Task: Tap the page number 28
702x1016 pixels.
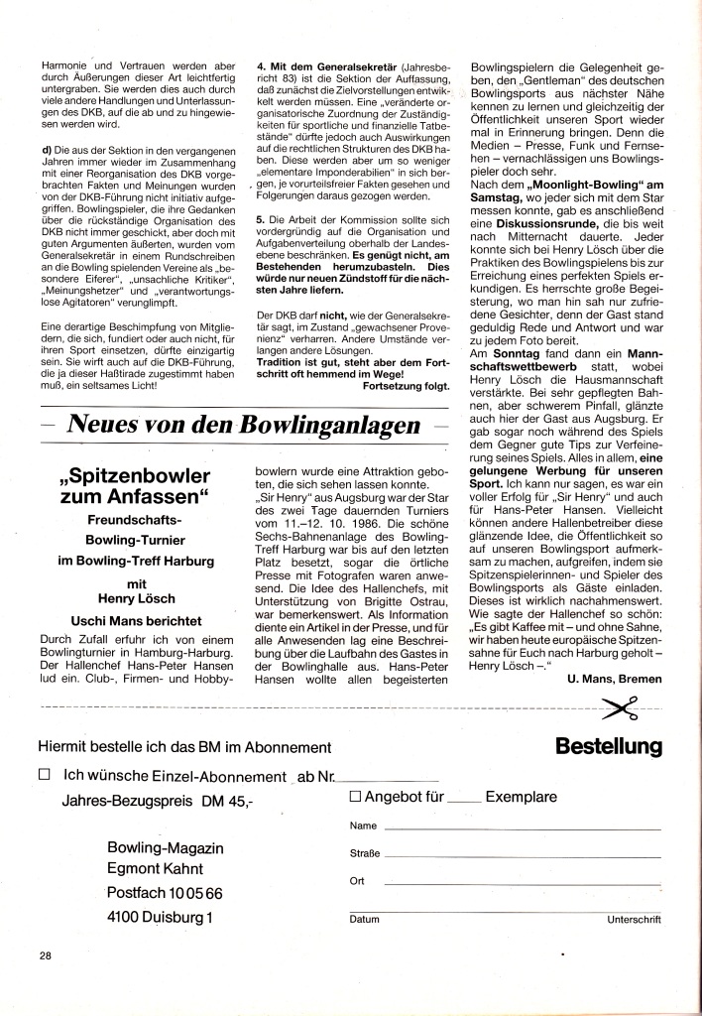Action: (x=46, y=955)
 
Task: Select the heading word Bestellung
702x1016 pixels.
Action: (x=609, y=745)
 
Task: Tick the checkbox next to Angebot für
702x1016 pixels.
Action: (x=355, y=797)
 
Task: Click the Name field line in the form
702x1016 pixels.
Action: (x=521, y=827)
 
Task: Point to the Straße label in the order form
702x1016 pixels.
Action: (x=364, y=853)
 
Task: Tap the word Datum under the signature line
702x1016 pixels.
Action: (x=364, y=920)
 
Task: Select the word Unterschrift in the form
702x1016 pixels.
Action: (x=634, y=920)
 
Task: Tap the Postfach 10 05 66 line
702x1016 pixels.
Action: (x=164, y=893)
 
